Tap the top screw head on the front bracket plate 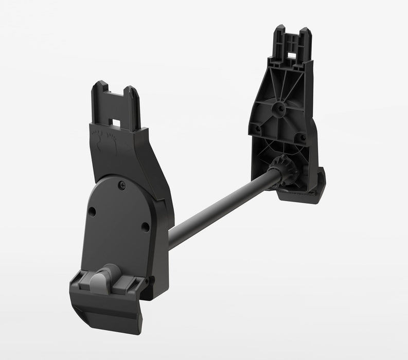pyautogui.click(x=121, y=185)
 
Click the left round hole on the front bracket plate pyautogui.click(x=92, y=211)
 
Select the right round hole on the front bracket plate pyautogui.click(x=146, y=226)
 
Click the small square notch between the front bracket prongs pyautogui.click(x=116, y=123)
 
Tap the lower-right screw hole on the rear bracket pyautogui.click(x=302, y=138)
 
